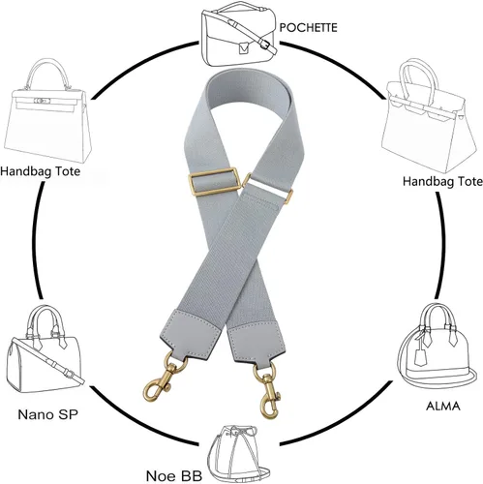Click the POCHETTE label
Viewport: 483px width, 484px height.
click(x=308, y=27)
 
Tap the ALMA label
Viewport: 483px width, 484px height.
click(x=443, y=406)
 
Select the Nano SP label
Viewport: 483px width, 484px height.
click(x=47, y=414)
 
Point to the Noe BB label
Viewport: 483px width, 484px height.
click(x=174, y=476)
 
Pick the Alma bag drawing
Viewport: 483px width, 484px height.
click(x=438, y=347)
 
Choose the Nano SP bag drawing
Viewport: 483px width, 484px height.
click(x=45, y=349)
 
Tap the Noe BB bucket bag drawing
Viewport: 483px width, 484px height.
click(x=238, y=454)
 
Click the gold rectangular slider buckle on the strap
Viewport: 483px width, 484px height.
click(x=214, y=182)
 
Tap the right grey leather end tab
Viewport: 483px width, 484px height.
click(x=257, y=343)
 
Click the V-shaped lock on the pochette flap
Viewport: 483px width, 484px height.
click(x=244, y=48)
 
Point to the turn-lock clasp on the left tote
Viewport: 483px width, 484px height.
click(x=43, y=101)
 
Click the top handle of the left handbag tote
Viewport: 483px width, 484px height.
click(x=47, y=74)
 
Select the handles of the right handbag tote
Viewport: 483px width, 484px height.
click(x=418, y=80)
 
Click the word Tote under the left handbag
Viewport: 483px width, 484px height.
click(x=67, y=170)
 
